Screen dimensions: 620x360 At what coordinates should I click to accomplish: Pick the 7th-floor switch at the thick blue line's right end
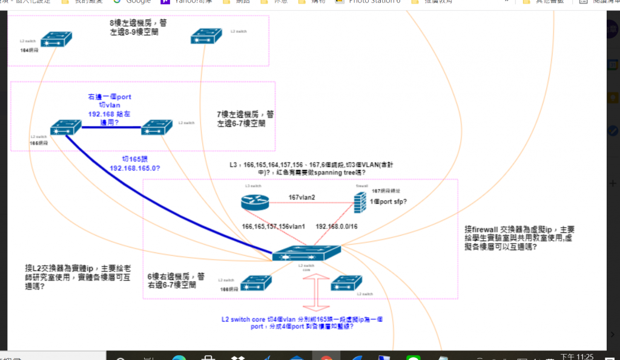157,127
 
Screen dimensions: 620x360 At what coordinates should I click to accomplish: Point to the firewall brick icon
361,200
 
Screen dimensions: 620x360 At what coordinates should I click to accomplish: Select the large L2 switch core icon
306,254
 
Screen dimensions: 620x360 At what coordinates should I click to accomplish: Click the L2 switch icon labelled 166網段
256,283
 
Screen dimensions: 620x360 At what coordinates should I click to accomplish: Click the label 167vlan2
302,197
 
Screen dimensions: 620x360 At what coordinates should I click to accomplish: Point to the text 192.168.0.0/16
337,227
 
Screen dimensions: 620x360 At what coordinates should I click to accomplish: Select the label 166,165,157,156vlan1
273,227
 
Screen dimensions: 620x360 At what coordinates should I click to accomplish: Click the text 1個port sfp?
388,201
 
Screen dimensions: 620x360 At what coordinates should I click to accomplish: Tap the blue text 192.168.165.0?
134,168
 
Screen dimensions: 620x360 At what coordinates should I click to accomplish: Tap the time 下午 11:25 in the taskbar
578,356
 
